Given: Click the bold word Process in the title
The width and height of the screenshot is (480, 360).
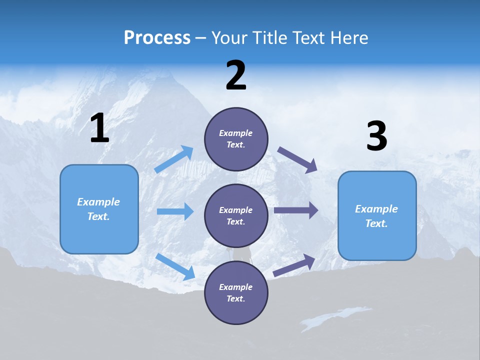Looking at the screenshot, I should coord(157,38).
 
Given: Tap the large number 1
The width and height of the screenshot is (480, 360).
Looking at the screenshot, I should coord(99,129).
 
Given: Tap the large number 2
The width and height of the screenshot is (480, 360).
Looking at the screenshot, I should coord(236,76).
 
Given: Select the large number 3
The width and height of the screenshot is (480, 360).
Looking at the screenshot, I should coord(376,137).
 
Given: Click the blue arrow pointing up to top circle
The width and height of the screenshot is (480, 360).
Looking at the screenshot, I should coord(174,159).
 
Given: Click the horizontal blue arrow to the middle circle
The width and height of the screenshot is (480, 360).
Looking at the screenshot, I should coord(175,211).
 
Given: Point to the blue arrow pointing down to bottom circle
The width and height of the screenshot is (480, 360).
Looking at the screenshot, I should coord(175,266).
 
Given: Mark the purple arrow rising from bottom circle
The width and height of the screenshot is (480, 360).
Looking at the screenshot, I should coord(294,265).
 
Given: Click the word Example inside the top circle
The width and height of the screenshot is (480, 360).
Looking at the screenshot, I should coord(236,133).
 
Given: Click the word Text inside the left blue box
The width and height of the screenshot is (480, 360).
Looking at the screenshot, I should coord(98,216).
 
